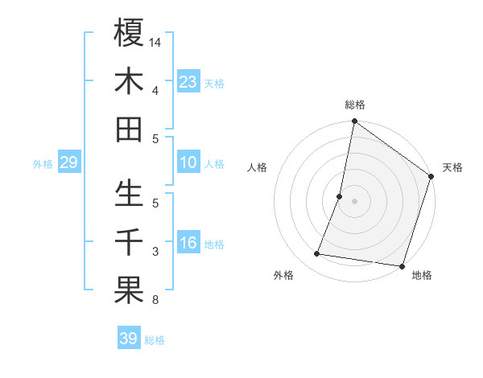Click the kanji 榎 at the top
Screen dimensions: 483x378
(129, 33)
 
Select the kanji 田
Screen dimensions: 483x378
(129, 129)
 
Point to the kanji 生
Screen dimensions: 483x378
(129, 194)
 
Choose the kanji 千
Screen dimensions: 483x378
(129, 242)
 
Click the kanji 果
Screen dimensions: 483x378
(129, 290)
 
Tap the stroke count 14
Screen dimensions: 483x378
(155, 41)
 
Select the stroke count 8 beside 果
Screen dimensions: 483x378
(155, 301)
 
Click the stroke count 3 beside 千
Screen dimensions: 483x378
(155, 253)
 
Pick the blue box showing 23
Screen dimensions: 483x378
(188, 81)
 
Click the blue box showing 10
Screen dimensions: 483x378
(188, 162)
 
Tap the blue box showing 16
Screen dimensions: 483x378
(188, 243)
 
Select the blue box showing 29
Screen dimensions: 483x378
(68, 162)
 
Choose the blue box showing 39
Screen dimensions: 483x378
(128, 339)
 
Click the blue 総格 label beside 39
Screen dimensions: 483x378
(155, 340)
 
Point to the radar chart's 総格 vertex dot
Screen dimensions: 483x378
(354, 122)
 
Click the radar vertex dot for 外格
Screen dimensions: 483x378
(317, 254)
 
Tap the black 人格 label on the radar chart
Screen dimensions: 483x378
(258, 167)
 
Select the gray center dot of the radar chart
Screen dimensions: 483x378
(354, 200)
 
